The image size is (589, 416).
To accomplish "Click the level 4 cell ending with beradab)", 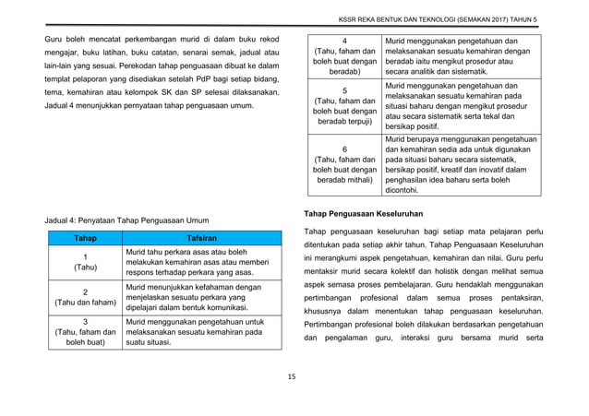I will pyautogui.click(x=343, y=57).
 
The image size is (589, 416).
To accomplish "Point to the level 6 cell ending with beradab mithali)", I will pyautogui.click(x=343, y=165).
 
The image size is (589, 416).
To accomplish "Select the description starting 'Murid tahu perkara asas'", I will pyautogui.click(x=190, y=262).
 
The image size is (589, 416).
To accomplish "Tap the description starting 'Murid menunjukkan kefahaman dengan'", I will pyautogui.click(x=191, y=295).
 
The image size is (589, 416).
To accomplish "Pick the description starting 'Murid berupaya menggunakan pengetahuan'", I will pyautogui.click(x=462, y=165).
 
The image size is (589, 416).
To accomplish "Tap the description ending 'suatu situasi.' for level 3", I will pyautogui.click(x=191, y=330).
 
